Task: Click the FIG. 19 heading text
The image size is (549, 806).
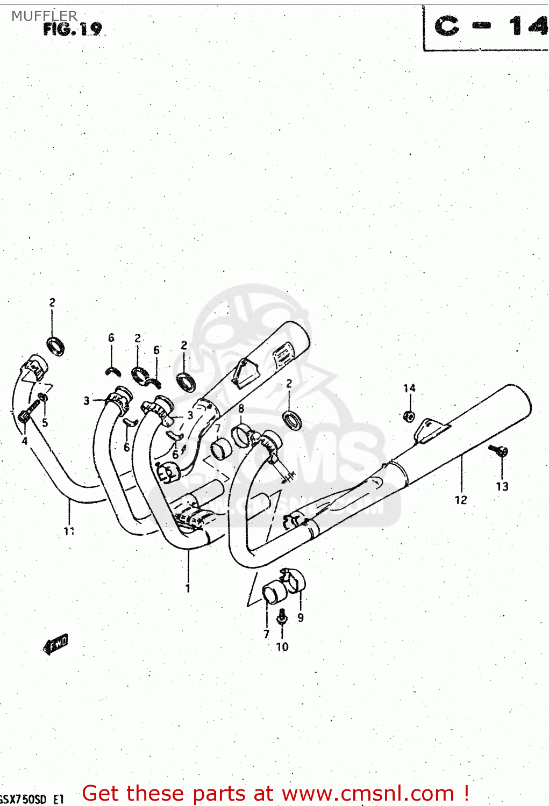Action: point(72,29)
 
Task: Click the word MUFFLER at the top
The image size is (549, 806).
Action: point(44,16)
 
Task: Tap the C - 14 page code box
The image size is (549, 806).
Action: point(487,27)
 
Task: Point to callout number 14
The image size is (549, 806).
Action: point(409,388)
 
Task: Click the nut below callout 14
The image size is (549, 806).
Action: point(409,415)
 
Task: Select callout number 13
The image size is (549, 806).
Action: point(502,486)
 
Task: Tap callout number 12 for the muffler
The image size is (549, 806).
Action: point(461,500)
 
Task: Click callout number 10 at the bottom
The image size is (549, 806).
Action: point(282,647)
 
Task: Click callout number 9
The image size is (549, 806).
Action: point(301,618)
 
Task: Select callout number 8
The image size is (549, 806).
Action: point(241,408)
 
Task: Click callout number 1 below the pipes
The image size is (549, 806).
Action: point(188,588)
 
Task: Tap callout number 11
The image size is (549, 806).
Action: point(69,531)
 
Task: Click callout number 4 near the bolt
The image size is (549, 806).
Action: point(24,441)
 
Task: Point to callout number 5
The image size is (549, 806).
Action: point(45,423)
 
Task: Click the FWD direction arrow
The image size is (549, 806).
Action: point(56,643)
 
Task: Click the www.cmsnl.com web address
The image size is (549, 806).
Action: point(368,794)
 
